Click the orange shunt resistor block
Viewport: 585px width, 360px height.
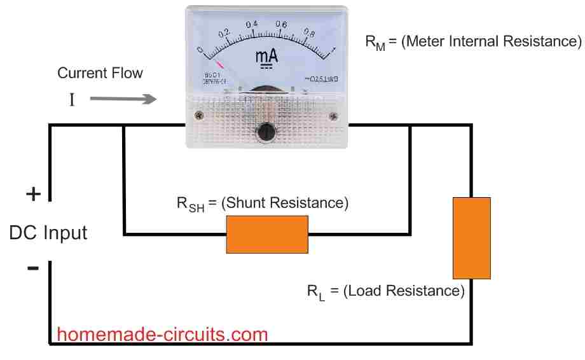click(268, 234)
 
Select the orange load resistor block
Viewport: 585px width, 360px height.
click(471, 237)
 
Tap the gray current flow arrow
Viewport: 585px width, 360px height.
click(123, 99)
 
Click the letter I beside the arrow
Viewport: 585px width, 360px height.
click(72, 100)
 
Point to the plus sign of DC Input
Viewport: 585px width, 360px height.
click(32, 194)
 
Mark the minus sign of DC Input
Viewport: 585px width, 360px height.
click(32, 268)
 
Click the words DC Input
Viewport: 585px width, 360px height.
click(48, 233)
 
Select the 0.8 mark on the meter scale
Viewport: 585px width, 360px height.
click(310, 32)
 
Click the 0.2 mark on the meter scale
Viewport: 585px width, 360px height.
click(224, 32)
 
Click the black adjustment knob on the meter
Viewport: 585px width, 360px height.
click(266, 132)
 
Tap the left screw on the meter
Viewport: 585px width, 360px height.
click(199, 116)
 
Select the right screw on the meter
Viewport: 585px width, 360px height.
click(333, 116)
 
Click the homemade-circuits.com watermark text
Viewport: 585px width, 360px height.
click(162, 334)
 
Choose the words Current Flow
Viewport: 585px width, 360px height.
click(100, 73)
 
